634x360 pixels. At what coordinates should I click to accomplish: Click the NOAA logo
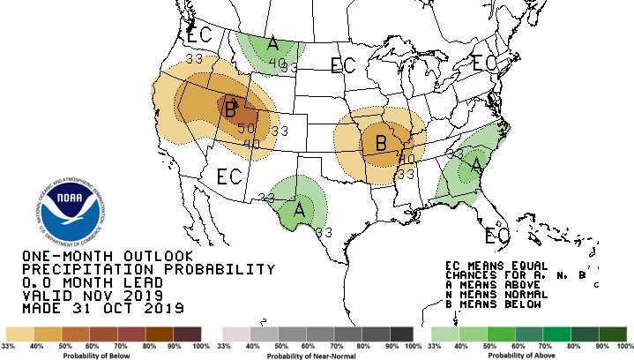tap(71, 209)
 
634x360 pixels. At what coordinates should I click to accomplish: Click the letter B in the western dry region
tap(231, 110)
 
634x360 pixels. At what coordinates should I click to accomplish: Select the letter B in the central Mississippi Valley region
tap(382, 141)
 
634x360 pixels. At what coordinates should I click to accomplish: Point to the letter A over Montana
tap(273, 44)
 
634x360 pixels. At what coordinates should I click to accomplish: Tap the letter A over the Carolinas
tap(476, 164)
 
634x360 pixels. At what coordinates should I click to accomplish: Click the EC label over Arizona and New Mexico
tap(228, 176)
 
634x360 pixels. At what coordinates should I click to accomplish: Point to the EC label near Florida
tap(498, 236)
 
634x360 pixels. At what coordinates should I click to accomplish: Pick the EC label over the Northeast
tap(484, 64)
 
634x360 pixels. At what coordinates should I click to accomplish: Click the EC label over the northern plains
tap(342, 64)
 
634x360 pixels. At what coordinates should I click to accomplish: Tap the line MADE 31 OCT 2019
tap(102, 309)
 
